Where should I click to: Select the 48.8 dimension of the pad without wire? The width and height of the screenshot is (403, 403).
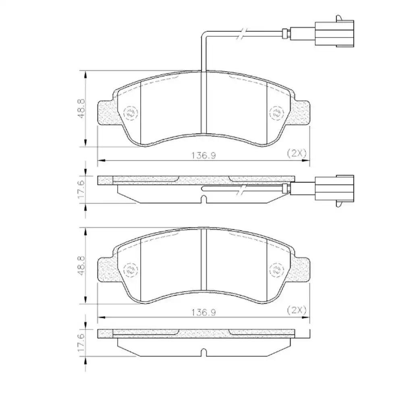[x=80, y=266]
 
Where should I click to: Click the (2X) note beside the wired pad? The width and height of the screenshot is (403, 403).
[x=297, y=153]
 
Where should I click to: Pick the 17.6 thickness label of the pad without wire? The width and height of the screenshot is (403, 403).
[x=80, y=343]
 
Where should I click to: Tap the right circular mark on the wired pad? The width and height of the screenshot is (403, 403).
[x=276, y=113]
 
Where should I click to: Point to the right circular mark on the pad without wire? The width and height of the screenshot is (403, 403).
[x=276, y=270]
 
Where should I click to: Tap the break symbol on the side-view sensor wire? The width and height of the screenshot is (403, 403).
[x=241, y=190]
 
